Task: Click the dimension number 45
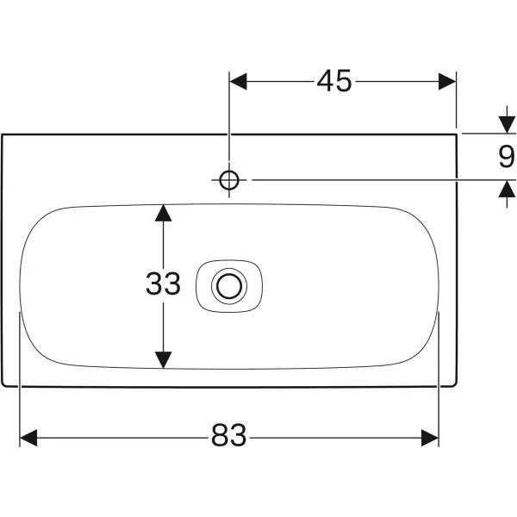pyautogui.click(x=334, y=81)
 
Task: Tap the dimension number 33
pyautogui.click(x=163, y=283)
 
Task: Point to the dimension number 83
pyautogui.click(x=228, y=438)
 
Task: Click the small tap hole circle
pyautogui.click(x=229, y=179)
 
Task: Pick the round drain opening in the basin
pyautogui.click(x=228, y=283)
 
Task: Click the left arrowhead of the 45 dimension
pyautogui.click(x=238, y=81)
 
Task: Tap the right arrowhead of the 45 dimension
pyautogui.click(x=446, y=81)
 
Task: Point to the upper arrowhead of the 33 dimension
pyautogui.click(x=163, y=213)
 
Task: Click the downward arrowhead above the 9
pyautogui.click(x=505, y=126)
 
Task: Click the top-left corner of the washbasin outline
pyautogui.click(x=3, y=134)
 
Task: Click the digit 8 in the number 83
pyautogui.click(x=219, y=438)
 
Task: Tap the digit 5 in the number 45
pyautogui.click(x=344, y=81)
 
